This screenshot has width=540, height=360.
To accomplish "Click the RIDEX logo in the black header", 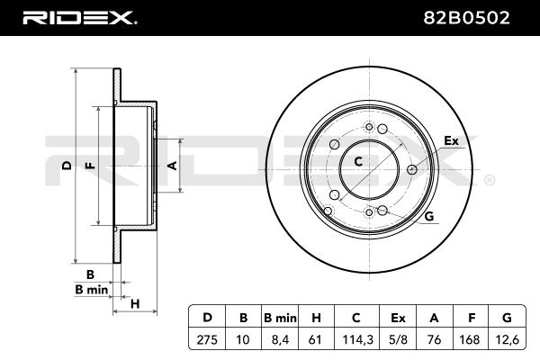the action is [80, 18].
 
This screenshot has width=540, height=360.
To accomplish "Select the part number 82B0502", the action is [466, 18].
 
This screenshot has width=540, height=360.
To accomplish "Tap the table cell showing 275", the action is [207, 340].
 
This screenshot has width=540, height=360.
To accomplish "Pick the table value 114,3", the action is [357, 340].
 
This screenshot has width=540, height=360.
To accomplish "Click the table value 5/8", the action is [398, 340].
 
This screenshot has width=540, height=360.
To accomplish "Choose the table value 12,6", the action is [507, 340].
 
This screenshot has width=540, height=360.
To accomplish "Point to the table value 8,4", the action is [280, 340].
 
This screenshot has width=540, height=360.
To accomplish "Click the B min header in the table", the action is [280, 318].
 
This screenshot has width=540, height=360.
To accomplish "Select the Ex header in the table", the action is [398, 318].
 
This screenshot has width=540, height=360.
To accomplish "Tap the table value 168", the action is [470, 340].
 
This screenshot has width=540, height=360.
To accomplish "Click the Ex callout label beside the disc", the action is [451, 140].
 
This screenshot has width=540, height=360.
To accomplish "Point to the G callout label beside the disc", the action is [429, 216].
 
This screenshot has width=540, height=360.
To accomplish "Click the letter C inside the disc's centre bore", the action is [358, 161].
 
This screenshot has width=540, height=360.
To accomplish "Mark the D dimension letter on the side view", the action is [67, 166].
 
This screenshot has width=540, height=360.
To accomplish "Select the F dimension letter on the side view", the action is [90, 166].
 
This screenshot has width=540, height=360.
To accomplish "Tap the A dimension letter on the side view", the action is [172, 166].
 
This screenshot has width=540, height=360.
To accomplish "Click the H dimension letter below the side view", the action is [135, 304].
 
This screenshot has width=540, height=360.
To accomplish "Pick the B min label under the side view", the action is [91, 290].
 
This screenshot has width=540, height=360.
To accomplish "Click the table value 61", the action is [315, 340].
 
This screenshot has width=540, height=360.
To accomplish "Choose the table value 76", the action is [434, 340].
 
